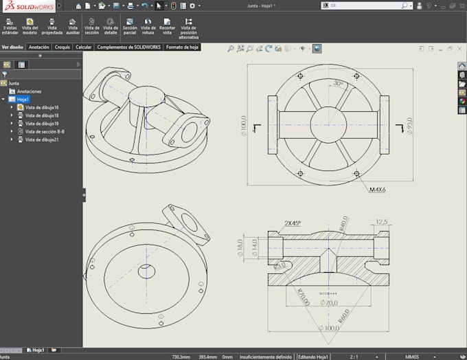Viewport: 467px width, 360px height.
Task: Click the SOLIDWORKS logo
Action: click(27, 5)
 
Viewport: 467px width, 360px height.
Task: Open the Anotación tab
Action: click(38, 47)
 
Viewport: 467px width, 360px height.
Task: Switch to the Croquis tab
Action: click(62, 47)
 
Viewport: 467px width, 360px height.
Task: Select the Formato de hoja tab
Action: click(182, 47)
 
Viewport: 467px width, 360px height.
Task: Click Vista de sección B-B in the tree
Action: click(44, 131)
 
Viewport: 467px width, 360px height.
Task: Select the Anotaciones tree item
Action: click(29, 91)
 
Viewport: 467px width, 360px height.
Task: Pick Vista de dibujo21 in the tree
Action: click(41, 139)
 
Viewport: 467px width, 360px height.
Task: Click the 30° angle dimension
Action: click(338, 83)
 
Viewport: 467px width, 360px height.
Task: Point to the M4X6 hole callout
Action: click(377, 190)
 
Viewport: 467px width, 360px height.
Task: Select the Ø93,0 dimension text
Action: click(409, 126)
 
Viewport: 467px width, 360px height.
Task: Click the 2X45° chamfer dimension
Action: click(293, 223)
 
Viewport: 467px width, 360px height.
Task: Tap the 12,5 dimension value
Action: click(382, 221)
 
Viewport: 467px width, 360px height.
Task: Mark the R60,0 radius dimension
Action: click(343, 317)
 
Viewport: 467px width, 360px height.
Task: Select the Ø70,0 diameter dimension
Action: click(330, 302)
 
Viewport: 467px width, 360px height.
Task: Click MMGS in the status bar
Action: click(412, 357)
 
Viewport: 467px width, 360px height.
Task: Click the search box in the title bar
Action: click(364, 5)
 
